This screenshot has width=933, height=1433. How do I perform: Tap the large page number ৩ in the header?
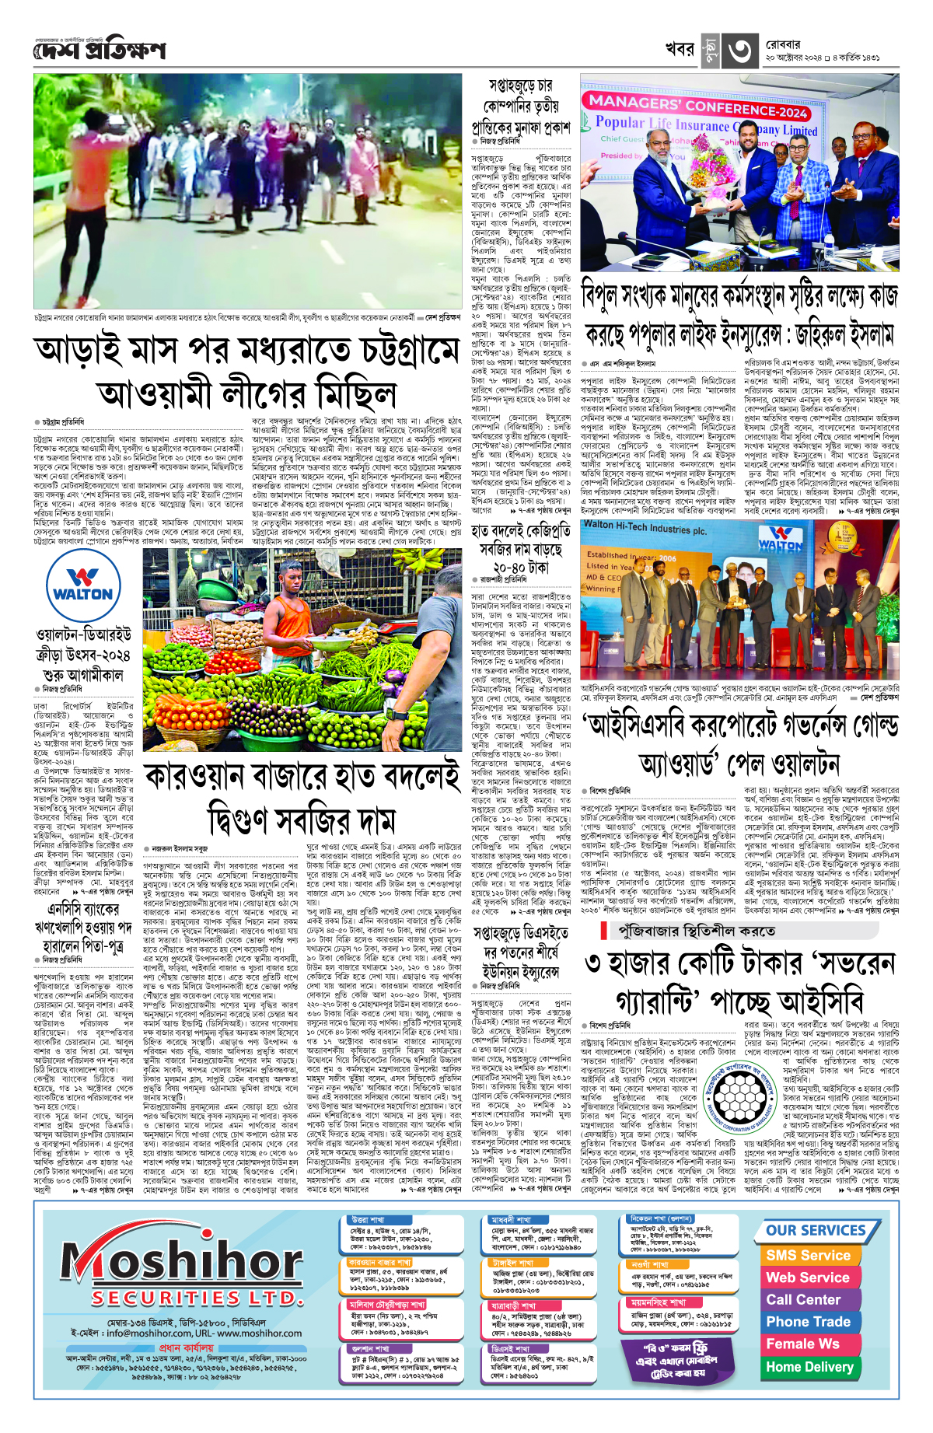tap(739, 51)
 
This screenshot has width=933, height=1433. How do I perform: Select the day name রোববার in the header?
tap(783, 45)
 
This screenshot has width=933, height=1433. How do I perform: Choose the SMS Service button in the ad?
tap(808, 1255)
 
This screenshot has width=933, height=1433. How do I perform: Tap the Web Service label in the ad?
tap(808, 1277)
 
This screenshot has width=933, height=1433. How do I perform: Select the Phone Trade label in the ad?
tap(808, 1322)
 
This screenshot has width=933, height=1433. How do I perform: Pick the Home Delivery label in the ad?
tap(809, 1366)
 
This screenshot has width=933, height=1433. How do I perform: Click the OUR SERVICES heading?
tap(816, 1230)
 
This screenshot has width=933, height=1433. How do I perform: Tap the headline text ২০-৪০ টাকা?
tap(520, 568)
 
